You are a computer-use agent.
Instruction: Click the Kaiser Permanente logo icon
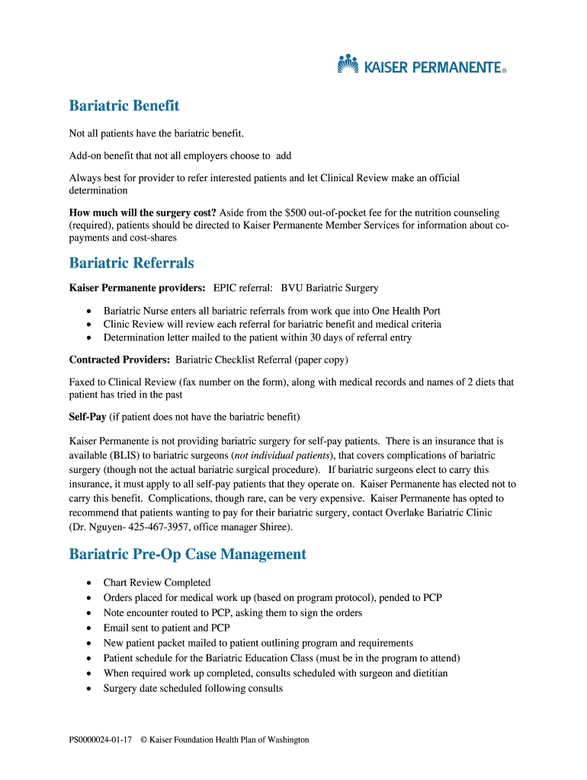pos(348,64)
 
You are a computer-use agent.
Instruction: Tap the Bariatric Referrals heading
pos(131,264)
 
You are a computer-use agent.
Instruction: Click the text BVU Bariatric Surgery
pos(329,288)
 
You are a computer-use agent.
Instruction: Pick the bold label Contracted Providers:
pos(120,360)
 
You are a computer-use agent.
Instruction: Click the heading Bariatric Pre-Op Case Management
pos(188,555)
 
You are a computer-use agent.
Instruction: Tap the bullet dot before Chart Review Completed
pos(88,583)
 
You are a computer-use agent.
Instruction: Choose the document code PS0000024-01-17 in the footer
pos(101,740)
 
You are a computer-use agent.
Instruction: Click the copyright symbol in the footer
pos(143,740)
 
